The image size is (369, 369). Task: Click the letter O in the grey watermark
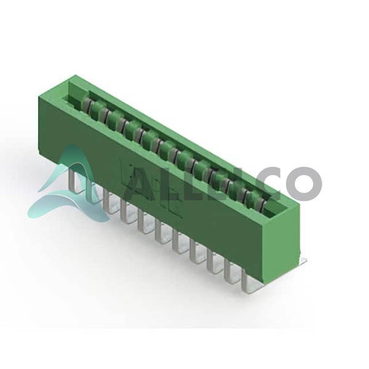pos(304,183)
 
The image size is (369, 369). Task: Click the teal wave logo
pos(68,186)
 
